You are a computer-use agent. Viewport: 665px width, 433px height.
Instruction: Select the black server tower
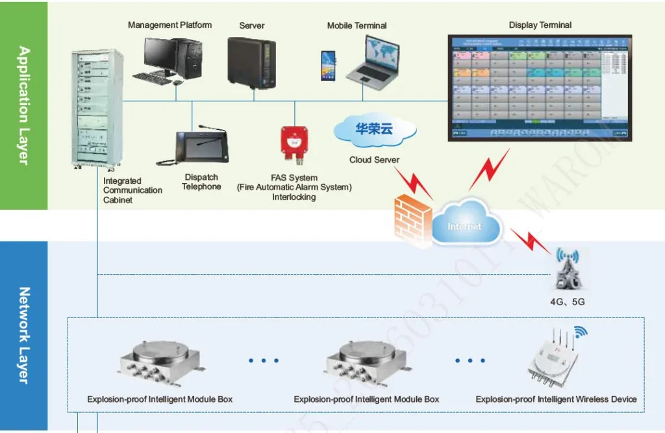pos(251,62)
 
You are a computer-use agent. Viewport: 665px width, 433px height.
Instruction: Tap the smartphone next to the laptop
pos(328,66)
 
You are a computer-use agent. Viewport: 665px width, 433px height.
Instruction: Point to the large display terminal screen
pos(540,88)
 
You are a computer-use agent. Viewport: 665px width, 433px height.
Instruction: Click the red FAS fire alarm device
pos(294,143)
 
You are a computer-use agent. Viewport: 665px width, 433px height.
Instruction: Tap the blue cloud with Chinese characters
pos(373,130)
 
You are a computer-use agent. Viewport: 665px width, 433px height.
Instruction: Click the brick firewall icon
pos(412,221)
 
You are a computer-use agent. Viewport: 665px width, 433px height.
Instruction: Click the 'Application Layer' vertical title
pos(23,105)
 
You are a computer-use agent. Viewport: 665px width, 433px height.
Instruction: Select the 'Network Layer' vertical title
pos(23,335)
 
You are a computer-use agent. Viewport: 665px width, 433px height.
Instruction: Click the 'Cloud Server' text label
pos(374,160)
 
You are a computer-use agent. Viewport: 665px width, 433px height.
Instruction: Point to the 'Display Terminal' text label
pos(540,25)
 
